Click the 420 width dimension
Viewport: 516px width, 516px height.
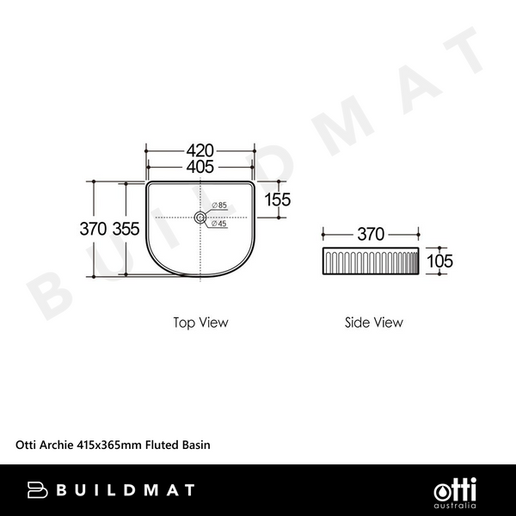(x=200, y=150)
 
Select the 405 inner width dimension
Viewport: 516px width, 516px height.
(x=200, y=166)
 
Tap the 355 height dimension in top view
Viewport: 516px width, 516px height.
(x=126, y=229)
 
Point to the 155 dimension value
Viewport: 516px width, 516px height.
(x=278, y=200)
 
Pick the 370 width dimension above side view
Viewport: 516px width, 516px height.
(x=371, y=234)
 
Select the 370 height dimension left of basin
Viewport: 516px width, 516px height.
(x=92, y=229)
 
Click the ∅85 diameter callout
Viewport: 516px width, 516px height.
(x=218, y=206)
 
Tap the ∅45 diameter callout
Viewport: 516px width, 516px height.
(x=218, y=224)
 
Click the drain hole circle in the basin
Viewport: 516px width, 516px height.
(x=200, y=218)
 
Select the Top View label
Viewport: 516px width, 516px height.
(x=200, y=322)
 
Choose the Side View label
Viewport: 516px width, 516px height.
(x=373, y=322)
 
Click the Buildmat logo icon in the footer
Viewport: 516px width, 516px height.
(x=37, y=489)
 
